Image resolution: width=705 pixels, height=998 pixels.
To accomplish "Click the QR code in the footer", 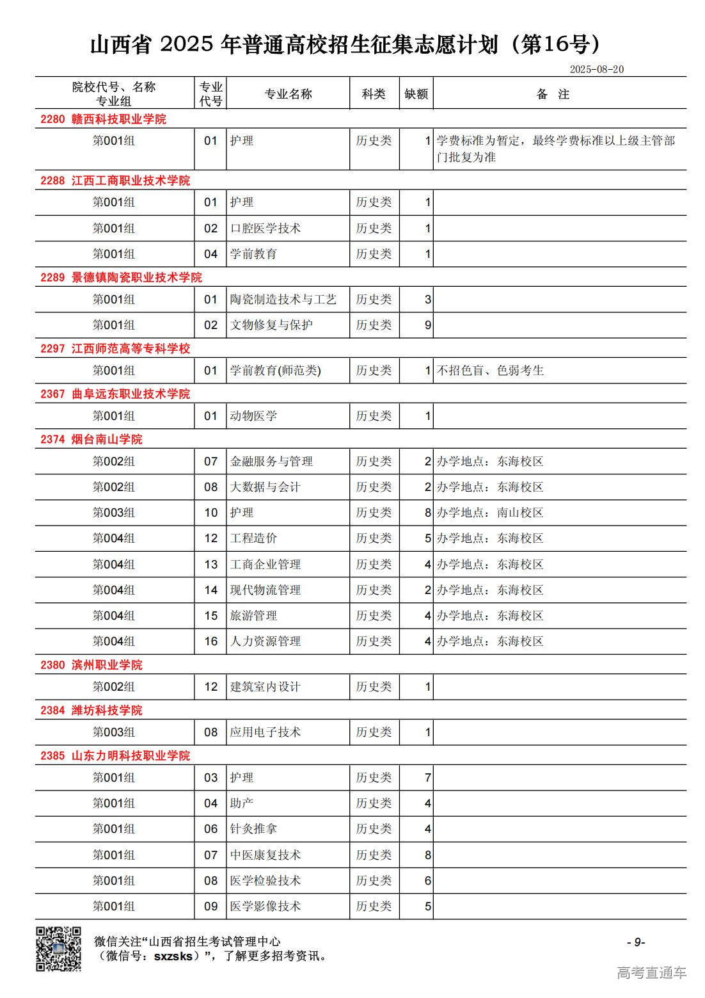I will (58, 948).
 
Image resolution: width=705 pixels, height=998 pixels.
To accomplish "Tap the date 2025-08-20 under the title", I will (596, 69).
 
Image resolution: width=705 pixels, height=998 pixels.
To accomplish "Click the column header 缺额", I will (416, 94).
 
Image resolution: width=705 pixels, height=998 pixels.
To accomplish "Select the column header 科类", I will (374, 94).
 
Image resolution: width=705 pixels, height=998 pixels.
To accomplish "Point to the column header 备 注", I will (553, 94).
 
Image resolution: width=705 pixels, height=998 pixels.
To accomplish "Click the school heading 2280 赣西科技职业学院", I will (103, 119).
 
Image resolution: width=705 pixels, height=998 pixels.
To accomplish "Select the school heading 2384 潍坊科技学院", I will (91, 710).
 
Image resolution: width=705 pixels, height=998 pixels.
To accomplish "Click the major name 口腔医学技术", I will (265, 229).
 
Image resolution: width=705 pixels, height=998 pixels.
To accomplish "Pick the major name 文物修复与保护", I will (271, 325).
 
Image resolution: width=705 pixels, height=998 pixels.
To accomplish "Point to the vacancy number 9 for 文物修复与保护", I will (428, 325).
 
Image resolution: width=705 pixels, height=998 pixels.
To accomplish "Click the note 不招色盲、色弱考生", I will (490, 371).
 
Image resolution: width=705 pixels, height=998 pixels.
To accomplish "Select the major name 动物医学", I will (253, 416).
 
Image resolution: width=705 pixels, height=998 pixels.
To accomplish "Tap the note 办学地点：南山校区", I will (490, 513).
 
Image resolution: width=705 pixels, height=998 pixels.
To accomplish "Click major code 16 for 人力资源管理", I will (211, 641).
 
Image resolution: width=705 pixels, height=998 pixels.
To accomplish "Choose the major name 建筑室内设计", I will (265, 687).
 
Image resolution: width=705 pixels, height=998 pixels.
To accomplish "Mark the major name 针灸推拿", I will (253, 829).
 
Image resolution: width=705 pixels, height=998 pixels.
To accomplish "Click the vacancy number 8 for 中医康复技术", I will (428, 855).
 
